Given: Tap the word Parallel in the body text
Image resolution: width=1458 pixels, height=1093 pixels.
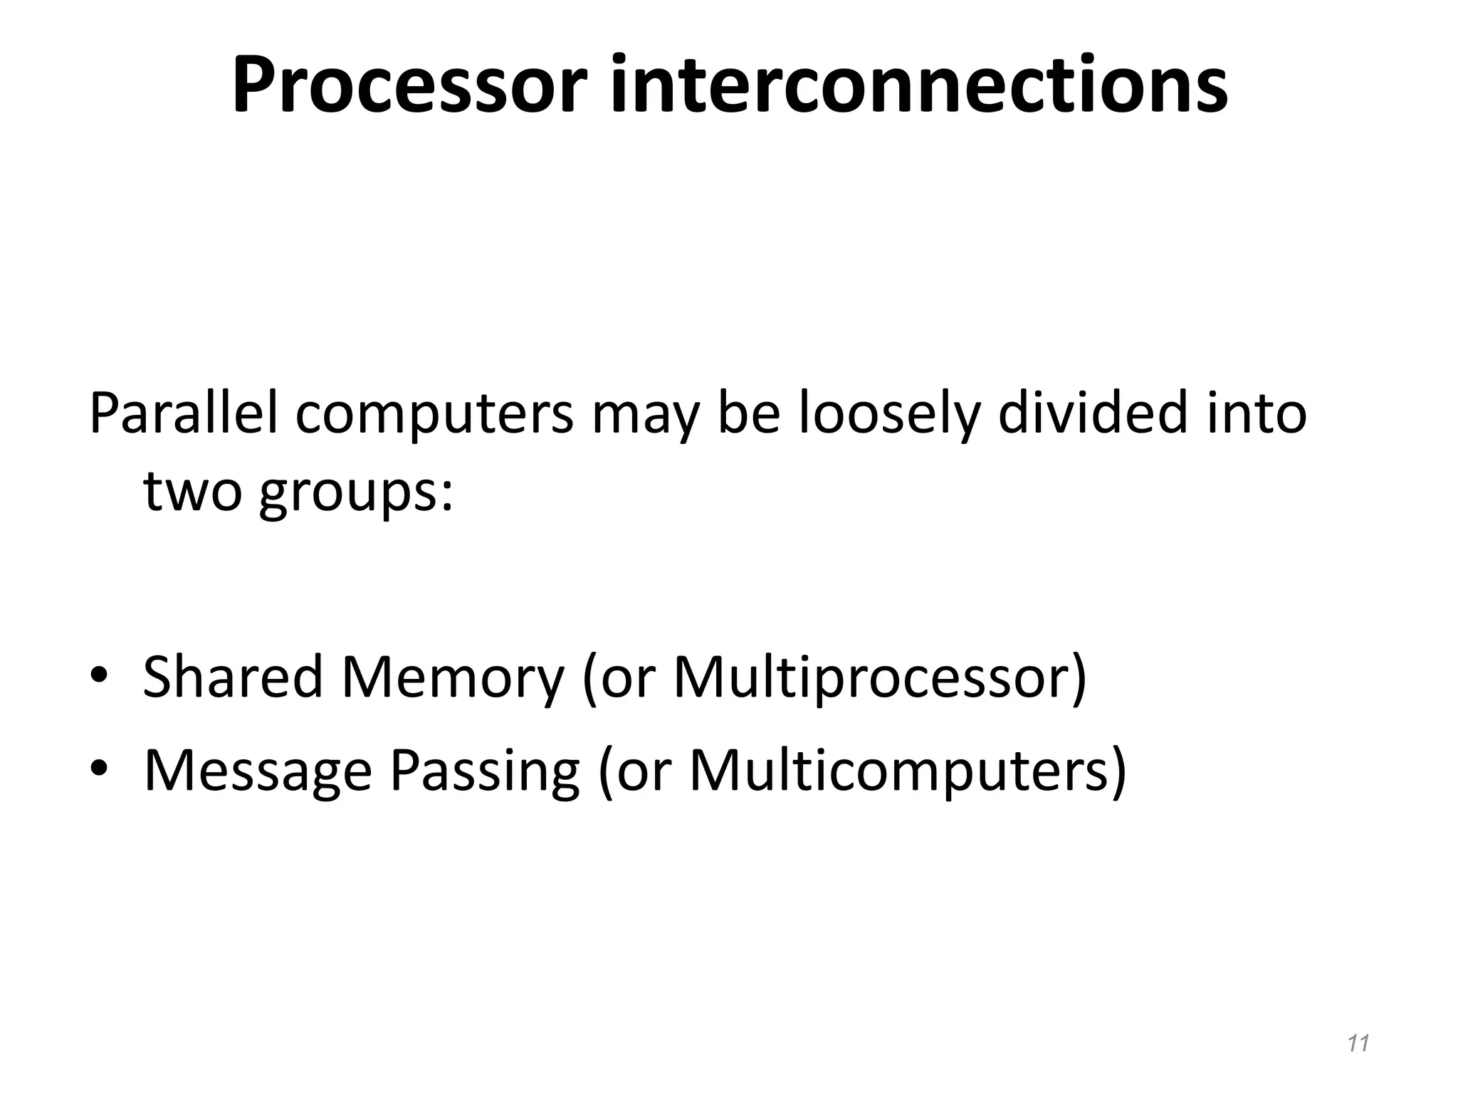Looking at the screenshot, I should (182, 414).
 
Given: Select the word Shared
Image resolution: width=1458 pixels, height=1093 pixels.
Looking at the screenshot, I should (233, 677).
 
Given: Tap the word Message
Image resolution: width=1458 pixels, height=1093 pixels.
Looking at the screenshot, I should (258, 771).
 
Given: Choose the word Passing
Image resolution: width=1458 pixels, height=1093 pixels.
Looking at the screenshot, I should (485, 771).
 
